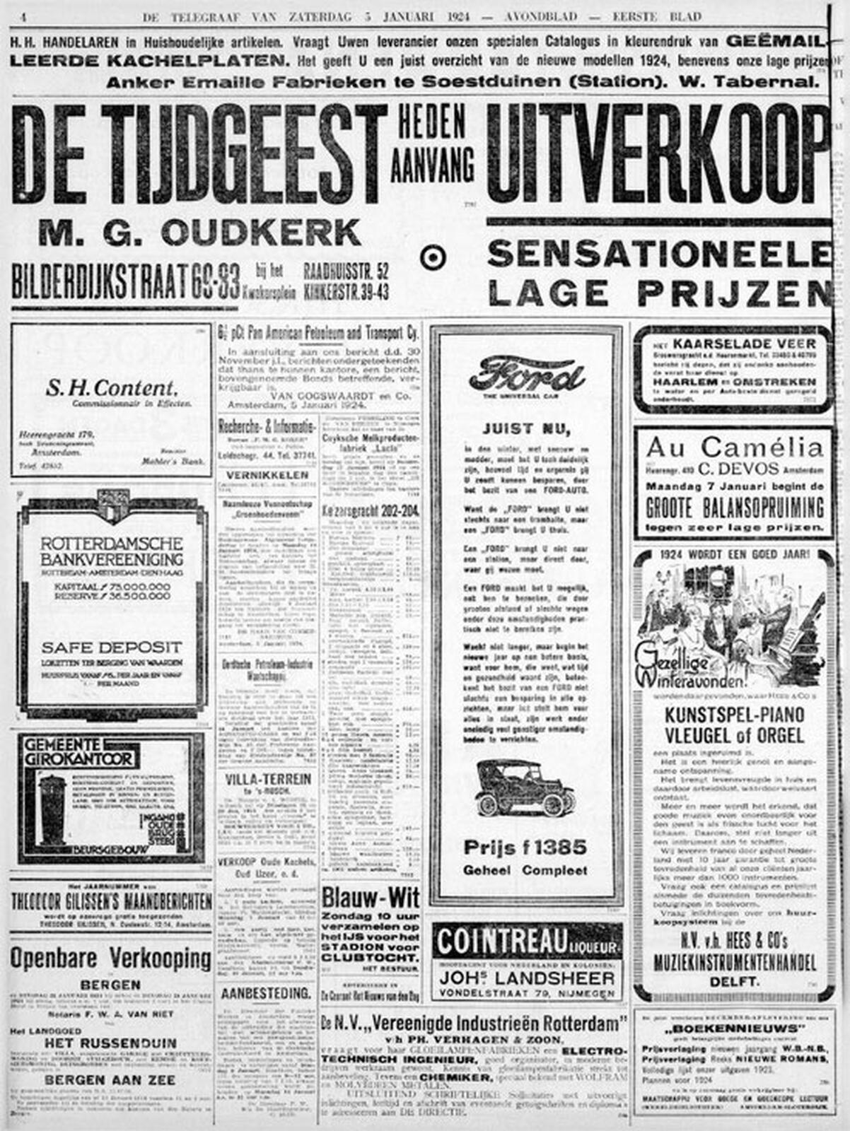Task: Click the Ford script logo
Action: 526,375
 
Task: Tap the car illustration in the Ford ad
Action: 525,787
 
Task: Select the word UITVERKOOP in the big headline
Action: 658,153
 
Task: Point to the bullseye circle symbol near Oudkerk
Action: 432,258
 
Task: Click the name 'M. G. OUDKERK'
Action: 199,232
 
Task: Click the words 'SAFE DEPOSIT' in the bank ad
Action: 111,647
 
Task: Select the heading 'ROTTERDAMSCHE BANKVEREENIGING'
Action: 111,552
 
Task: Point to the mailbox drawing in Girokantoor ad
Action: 54,809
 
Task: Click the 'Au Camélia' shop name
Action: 734,447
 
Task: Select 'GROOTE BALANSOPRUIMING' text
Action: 734,508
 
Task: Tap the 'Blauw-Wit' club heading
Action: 370,898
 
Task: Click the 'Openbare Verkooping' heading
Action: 110,959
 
